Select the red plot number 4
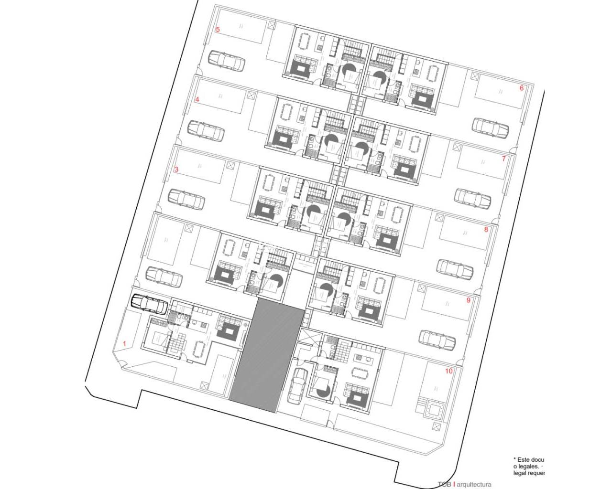pos(197,100)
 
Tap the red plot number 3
pos(176,169)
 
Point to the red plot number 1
pos(125,343)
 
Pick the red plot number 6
pos(522,88)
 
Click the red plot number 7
pos(503,159)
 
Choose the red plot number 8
pos(486,229)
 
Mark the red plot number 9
pos(468,300)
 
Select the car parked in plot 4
pos(206,130)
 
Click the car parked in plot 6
pos(490,126)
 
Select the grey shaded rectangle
pos(267,355)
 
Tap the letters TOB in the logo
pos(444,484)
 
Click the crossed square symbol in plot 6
pos(475,76)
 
